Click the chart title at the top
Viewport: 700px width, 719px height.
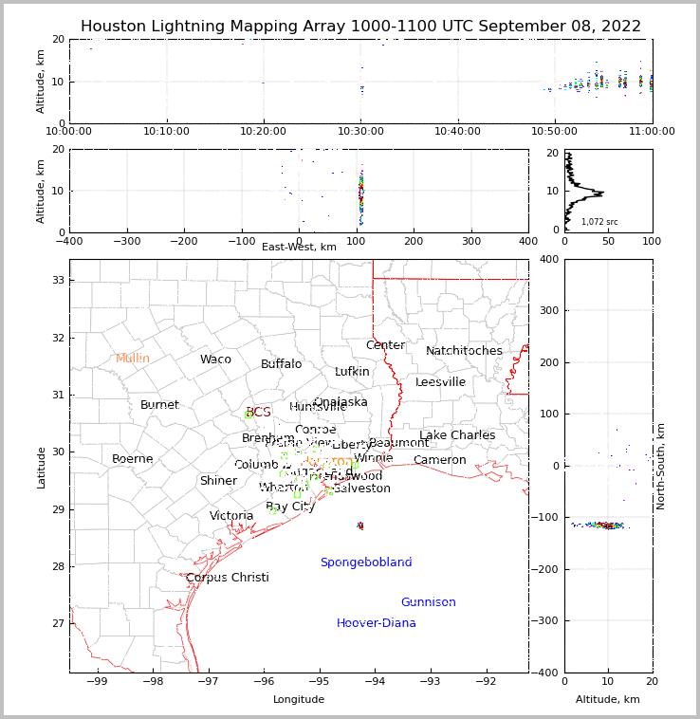[360, 27]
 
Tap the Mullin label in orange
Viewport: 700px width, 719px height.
[133, 359]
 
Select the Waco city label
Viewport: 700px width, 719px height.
[215, 359]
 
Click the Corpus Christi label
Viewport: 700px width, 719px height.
[228, 578]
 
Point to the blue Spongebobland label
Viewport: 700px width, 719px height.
[366, 562]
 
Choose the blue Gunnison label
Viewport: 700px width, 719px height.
[428, 602]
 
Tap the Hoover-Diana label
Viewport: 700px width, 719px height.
[377, 623]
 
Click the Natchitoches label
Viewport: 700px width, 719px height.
[464, 351]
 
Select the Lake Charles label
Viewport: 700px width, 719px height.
[457, 435]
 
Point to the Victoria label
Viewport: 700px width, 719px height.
[231, 516]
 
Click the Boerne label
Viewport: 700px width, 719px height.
[133, 459]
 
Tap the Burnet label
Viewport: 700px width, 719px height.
[159, 405]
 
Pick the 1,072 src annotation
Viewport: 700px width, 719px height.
[599, 222]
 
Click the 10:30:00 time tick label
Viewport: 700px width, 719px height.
[361, 131]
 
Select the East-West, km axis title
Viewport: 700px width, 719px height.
[299, 247]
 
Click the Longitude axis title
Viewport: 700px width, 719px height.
[299, 699]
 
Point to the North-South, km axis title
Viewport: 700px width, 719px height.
[661, 466]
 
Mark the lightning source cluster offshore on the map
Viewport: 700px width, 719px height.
[360, 525]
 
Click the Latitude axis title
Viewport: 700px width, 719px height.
[41, 467]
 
